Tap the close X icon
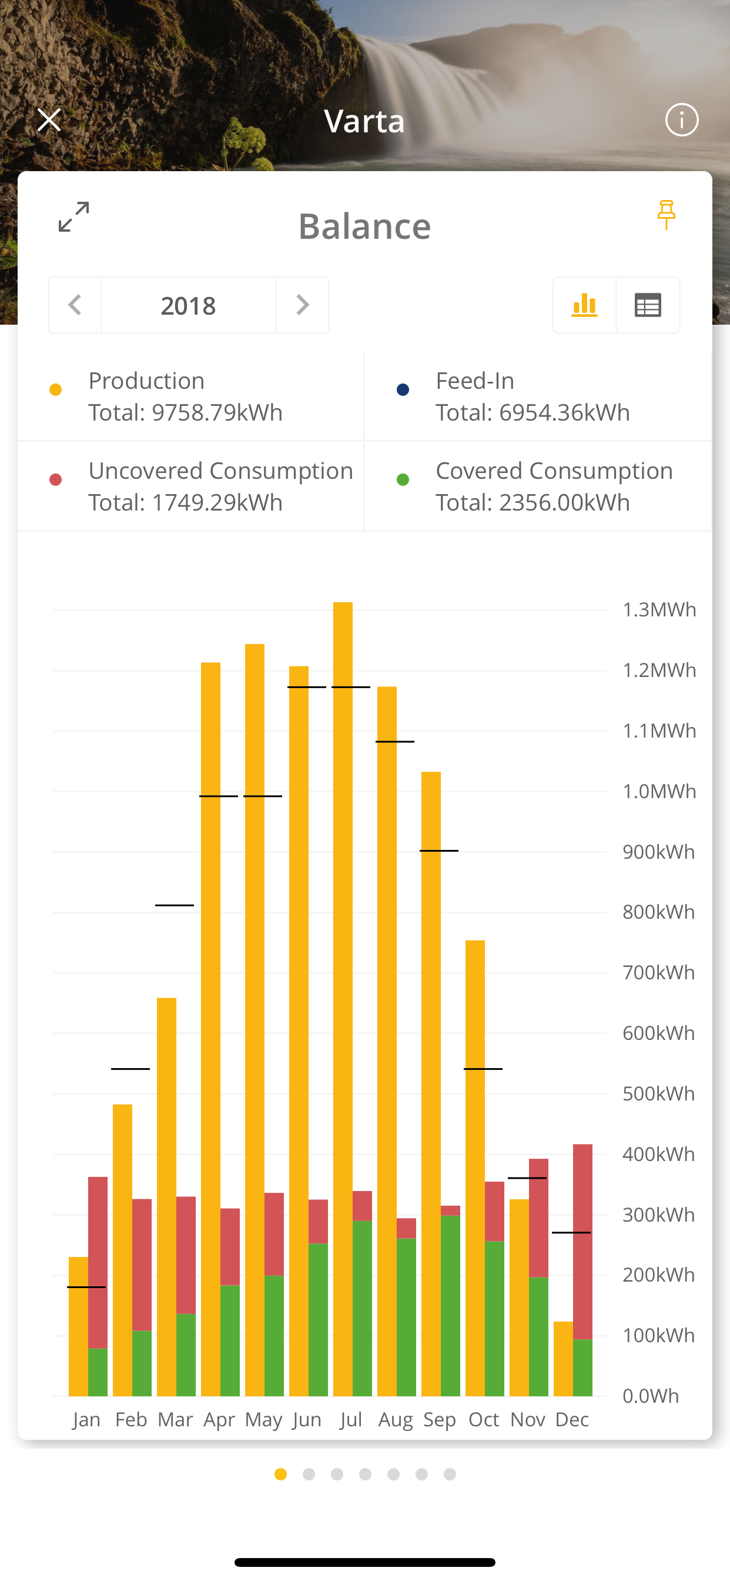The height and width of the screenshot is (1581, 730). click(x=49, y=119)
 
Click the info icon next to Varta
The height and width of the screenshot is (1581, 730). click(x=682, y=119)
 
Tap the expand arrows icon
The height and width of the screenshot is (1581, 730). click(x=73, y=216)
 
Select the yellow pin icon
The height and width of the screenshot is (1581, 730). click(x=666, y=215)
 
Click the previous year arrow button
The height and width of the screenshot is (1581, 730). click(x=75, y=305)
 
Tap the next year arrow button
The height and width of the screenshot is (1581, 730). click(x=303, y=305)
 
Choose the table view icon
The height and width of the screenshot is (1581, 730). click(x=648, y=305)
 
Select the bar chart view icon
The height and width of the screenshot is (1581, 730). click(x=584, y=305)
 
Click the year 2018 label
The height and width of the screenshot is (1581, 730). click(x=188, y=306)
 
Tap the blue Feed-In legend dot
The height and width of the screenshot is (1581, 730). click(x=403, y=390)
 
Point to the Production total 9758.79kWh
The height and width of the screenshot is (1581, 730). click(x=185, y=412)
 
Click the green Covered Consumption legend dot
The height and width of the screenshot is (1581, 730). click(x=403, y=480)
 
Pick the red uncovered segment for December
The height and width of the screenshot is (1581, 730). click(x=583, y=1240)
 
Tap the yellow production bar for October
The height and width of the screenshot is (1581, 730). click(x=475, y=1166)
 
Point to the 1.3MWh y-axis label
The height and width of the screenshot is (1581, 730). click(x=659, y=610)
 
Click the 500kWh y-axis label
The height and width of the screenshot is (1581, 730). click(x=658, y=1093)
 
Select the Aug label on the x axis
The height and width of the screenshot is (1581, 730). click(x=396, y=1420)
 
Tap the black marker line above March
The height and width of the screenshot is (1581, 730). click(x=174, y=905)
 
